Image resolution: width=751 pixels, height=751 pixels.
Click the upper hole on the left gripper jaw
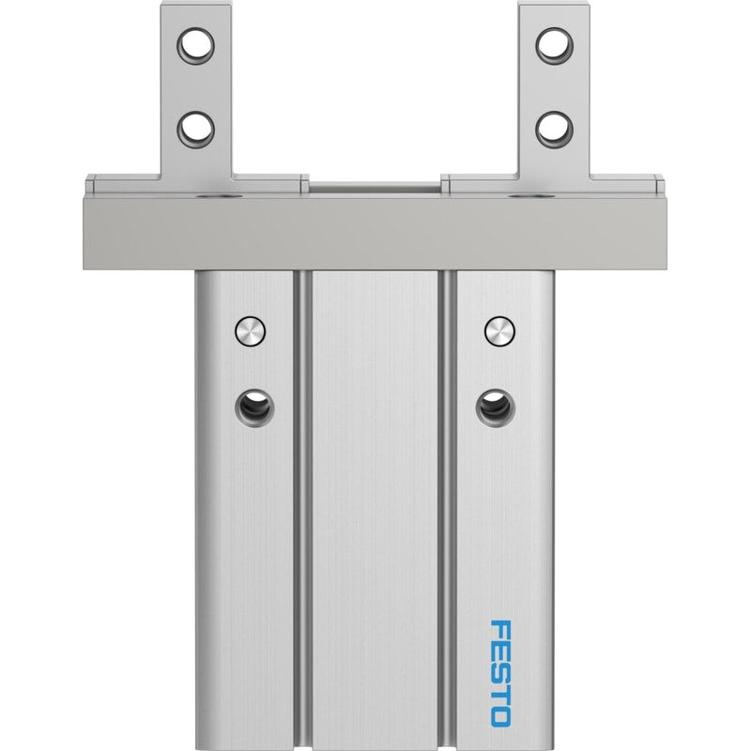tap(195, 46)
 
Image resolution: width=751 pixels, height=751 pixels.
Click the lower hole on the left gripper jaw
tap(195, 130)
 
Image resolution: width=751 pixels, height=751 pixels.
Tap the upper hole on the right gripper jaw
tap(555, 46)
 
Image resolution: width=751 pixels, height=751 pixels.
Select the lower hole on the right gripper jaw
tap(555, 130)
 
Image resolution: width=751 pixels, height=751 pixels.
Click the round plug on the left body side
tap(250, 331)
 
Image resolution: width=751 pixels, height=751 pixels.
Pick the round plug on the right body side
tap(500, 331)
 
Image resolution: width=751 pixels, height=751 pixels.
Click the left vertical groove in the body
tap(302, 510)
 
